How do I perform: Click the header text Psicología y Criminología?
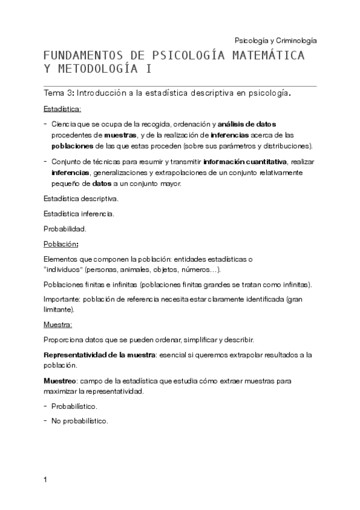[x=275, y=40]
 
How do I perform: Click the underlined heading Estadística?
[x=63, y=109]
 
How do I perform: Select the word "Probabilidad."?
[x=65, y=229]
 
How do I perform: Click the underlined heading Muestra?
[x=58, y=325]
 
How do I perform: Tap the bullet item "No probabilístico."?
[x=79, y=421]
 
